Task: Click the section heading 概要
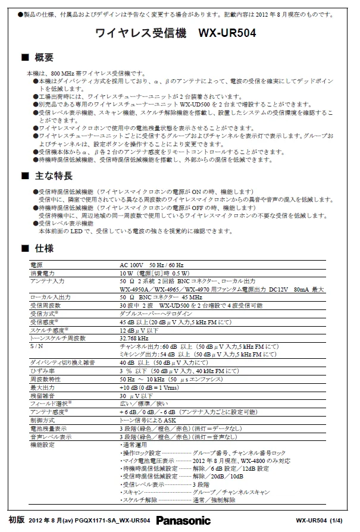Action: (x=44, y=58)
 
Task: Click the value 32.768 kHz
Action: (x=134, y=337)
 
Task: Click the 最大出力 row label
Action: (x=41, y=387)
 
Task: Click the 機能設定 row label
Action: (x=41, y=445)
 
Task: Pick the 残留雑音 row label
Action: (x=41, y=395)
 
